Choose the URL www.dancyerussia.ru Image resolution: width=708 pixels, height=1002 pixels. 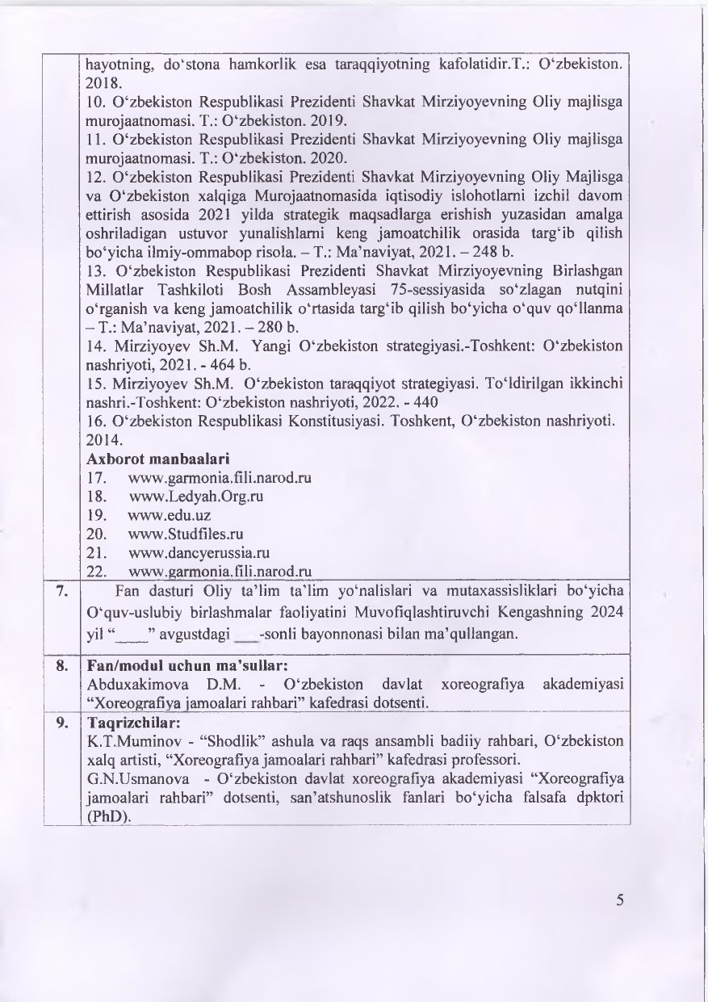[x=198, y=552]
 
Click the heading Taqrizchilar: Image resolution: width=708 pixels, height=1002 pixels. [x=124, y=722]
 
